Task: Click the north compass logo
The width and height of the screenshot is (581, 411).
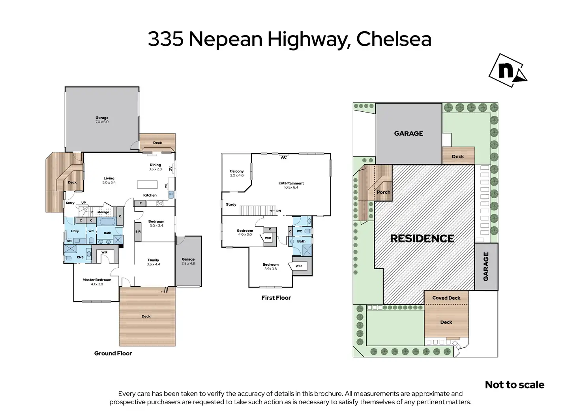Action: (x=508, y=70)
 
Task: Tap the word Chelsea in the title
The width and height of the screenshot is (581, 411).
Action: (x=394, y=39)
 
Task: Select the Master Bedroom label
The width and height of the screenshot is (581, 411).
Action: (x=97, y=282)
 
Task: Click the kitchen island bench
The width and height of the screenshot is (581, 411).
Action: (x=147, y=184)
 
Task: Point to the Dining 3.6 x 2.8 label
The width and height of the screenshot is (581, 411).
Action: (x=155, y=167)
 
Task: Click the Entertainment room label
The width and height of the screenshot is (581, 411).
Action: (x=291, y=185)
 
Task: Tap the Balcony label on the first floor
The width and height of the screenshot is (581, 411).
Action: (x=237, y=173)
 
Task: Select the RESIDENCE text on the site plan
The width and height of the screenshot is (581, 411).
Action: (x=422, y=238)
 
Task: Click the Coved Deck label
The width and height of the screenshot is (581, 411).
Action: (x=446, y=298)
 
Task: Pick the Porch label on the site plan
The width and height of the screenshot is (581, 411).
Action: (x=383, y=192)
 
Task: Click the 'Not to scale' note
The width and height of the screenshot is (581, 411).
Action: (x=515, y=385)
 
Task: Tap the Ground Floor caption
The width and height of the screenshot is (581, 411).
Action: (x=113, y=353)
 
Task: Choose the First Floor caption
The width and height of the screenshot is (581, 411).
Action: (x=276, y=298)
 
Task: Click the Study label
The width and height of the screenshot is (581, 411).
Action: (x=231, y=204)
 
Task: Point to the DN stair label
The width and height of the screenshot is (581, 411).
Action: (x=279, y=211)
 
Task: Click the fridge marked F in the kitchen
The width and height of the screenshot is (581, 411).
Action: (x=141, y=203)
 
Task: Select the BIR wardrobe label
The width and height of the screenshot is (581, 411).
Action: (x=138, y=231)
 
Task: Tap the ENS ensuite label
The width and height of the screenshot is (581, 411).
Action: (x=80, y=257)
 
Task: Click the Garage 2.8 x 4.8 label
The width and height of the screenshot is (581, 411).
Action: (x=188, y=261)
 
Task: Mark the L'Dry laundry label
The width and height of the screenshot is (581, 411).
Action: (x=75, y=231)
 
